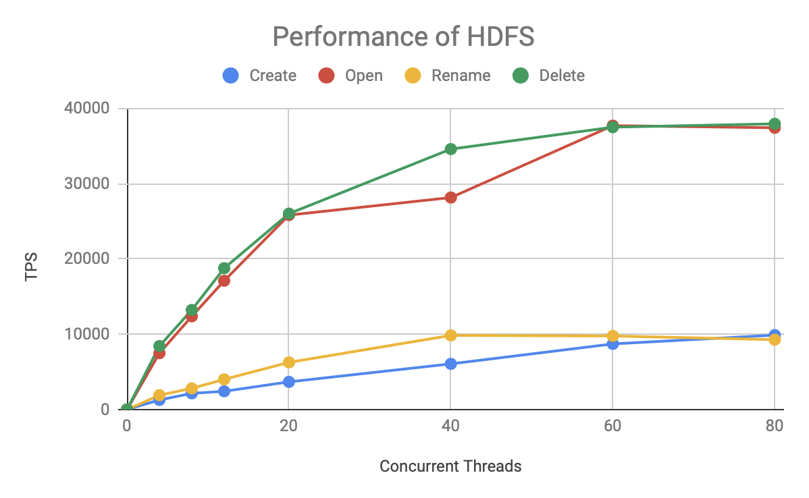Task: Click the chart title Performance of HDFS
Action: pos(403,36)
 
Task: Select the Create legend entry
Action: pos(260,76)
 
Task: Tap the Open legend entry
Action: pos(351,76)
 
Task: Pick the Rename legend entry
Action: pos(448,76)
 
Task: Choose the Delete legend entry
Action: pos(549,76)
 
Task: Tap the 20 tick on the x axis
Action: pos(288,426)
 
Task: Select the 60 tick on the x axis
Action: pos(612,426)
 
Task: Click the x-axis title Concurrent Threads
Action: pos(450,466)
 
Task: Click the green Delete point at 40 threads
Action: pos(450,149)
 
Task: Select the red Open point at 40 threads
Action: pos(450,198)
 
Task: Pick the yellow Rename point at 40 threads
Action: pos(450,335)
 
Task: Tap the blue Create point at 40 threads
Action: pos(450,364)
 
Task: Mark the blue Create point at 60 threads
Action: pos(612,343)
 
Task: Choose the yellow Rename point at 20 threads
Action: pos(288,362)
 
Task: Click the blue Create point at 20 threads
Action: pos(288,382)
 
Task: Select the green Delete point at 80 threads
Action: pos(775,123)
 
